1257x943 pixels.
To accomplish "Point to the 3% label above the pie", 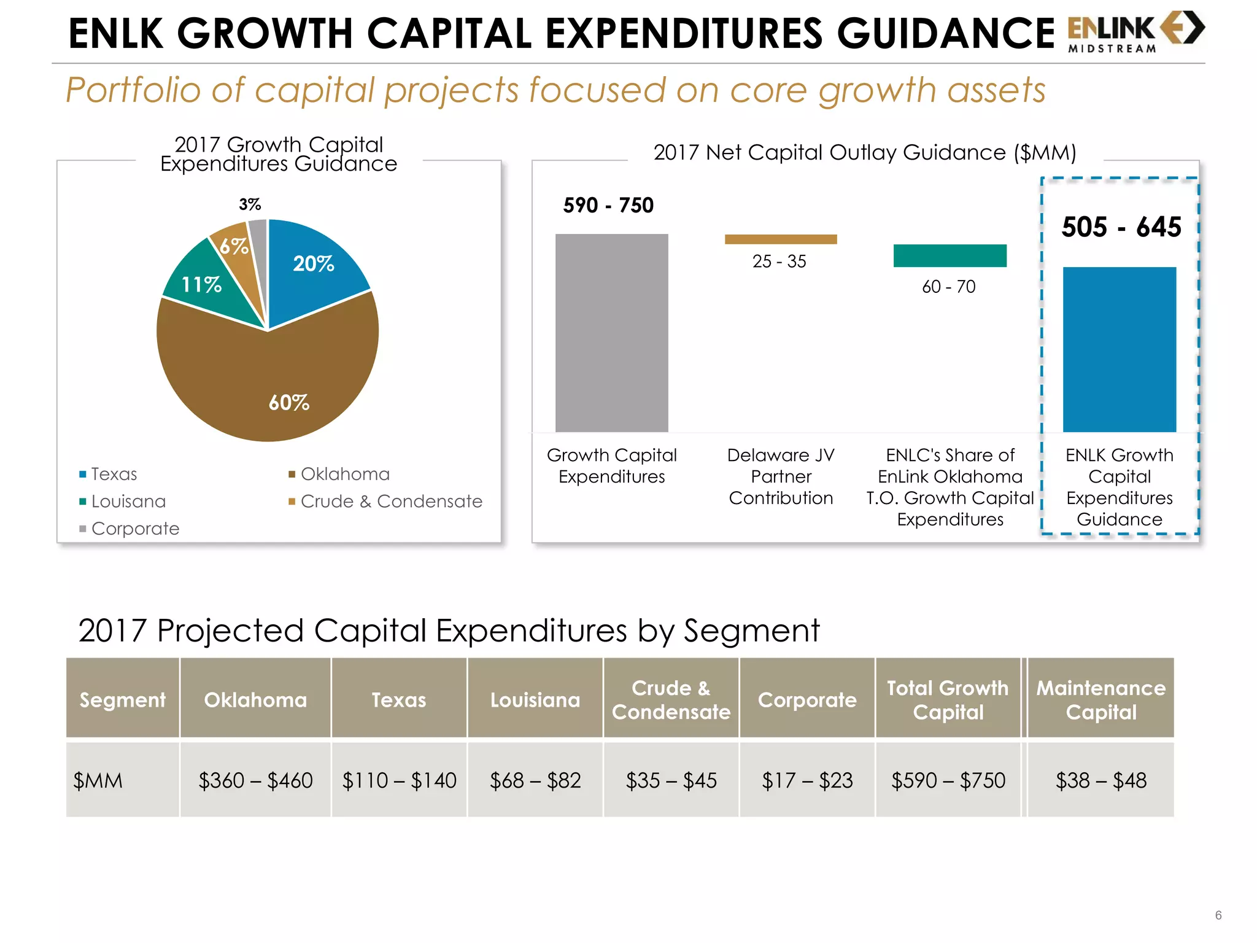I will click(x=250, y=204).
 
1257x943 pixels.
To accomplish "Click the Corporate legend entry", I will click(x=135, y=529).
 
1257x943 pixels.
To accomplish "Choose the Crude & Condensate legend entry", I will click(x=391, y=502).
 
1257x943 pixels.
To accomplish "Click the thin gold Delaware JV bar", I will click(x=781, y=239).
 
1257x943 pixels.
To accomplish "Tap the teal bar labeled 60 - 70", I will click(x=950, y=255).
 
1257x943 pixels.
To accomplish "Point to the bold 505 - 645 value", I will click(x=1121, y=227).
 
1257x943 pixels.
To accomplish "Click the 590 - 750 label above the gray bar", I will click(x=608, y=205).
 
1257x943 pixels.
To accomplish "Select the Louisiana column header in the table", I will click(x=535, y=699).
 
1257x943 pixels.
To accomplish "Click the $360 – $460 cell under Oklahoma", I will click(x=255, y=780).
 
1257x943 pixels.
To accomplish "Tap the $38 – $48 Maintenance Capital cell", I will click(x=1100, y=780).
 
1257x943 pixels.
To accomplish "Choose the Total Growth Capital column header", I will click(x=948, y=699).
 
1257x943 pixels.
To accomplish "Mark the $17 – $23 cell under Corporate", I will click(x=807, y=780).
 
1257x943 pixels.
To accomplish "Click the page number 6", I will click(x=1218, y=915).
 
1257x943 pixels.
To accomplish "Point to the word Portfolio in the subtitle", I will click(x=133, y=91).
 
